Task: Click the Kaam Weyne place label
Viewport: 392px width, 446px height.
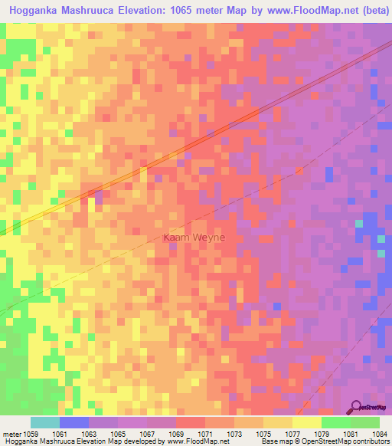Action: [x=194, y=238]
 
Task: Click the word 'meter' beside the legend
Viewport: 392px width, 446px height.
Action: [x=13, y=433]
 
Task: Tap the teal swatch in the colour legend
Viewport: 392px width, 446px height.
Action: [x=45, y=422]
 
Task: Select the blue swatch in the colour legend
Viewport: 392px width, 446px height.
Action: [x=74, y=422]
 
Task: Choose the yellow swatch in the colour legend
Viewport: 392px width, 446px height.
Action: [x=307, y=422]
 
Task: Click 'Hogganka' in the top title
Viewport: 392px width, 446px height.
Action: [x=38, y=11]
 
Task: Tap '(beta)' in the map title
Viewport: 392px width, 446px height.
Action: [x=366, y=11]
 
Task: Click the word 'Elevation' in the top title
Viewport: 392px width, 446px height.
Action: [x=145, y=11]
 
